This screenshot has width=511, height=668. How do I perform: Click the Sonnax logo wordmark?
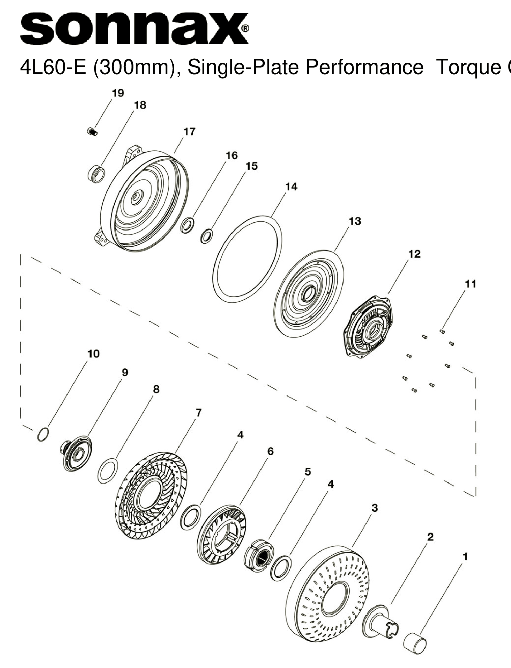[x=134, y=29]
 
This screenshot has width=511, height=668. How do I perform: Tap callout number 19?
[x=118, y=93]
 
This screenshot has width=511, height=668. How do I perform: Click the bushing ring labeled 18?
[x=96, y=175]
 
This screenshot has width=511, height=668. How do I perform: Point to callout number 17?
[x=189, y=132]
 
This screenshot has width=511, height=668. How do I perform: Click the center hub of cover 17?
[x=136, y=198]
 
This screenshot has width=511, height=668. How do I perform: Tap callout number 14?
[x=291, y=187]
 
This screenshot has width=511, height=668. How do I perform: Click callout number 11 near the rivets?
[x=470, y=284]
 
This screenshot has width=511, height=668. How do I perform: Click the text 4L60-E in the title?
[x=52, y=67]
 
